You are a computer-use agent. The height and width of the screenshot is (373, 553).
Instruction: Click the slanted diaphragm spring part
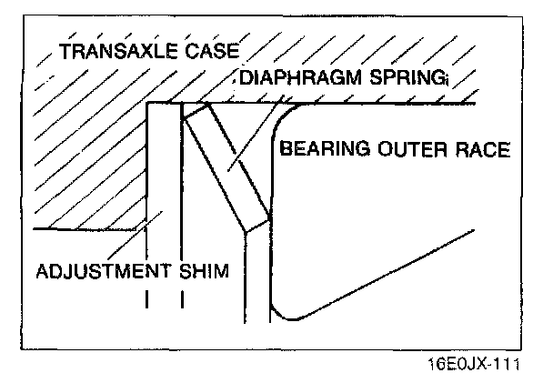click(x=226, y=165)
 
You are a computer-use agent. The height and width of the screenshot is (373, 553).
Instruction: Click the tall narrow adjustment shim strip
click(x=165, y=182)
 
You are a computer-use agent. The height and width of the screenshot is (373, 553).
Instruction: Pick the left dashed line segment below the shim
click(x=146, y=299)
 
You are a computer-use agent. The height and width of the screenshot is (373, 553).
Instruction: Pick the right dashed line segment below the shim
click(x=183, y=299)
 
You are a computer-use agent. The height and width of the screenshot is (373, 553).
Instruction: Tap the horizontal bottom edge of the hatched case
click(x=86, y=228)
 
